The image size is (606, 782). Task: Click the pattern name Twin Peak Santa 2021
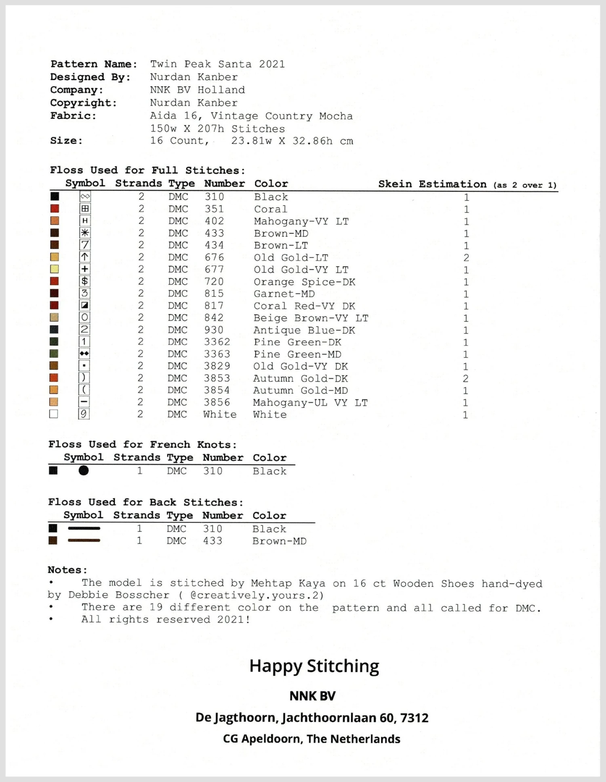(217, 64)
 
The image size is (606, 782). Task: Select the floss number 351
(214, 209)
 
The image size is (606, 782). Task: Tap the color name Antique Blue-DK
(304, 330)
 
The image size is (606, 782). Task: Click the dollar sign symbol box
(85, 281)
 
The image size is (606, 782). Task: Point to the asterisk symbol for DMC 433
(85, 233)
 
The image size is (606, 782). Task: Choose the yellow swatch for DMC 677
(54, 269)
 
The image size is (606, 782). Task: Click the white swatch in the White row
(53, 414)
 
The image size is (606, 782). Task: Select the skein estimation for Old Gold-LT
(466, 258)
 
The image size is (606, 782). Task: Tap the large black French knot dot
(84, 470)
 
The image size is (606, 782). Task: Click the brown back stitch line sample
(84, 540)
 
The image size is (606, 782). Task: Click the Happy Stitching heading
(314, 666)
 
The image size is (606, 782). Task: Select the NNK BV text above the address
(312, 696)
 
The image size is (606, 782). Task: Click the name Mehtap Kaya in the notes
(288, 583)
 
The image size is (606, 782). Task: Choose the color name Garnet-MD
(284, 294)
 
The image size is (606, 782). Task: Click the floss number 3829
(217, 366)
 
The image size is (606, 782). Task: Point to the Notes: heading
(67, 570)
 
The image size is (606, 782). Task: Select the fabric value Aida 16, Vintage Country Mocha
(251, 116)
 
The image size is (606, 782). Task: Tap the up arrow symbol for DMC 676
(85, 257)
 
